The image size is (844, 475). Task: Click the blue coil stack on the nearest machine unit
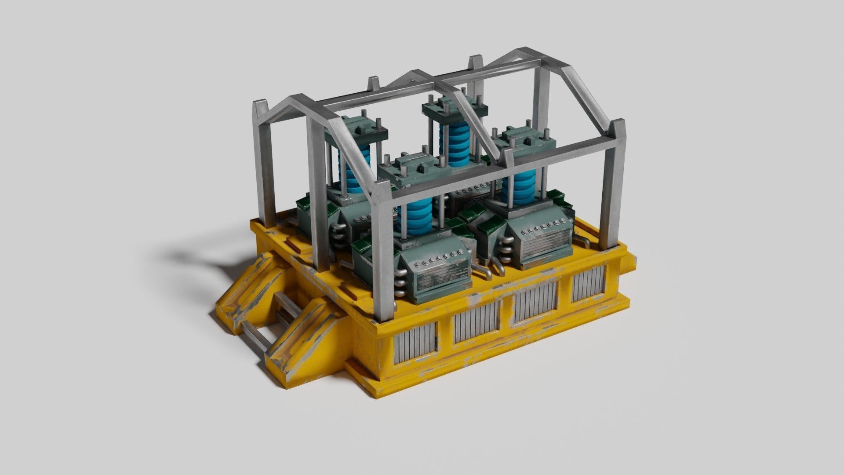tap(415, 216)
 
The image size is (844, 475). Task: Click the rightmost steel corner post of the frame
tap(618, 185)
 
